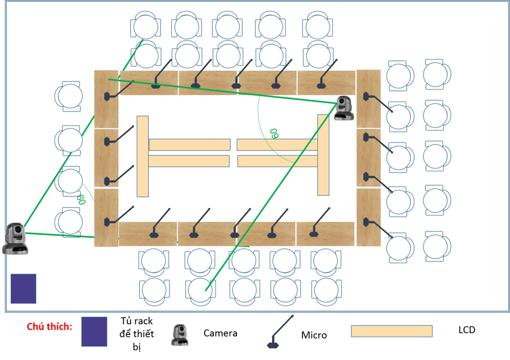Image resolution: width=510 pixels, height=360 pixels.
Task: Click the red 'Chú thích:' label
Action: (50, 327)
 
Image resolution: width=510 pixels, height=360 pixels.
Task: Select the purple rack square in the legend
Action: (94, 331)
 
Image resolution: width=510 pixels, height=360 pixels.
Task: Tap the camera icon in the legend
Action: (180, 335)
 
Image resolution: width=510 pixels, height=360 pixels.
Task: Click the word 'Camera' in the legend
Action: (220, 333)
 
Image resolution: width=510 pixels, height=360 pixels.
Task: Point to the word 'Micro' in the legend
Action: (314, 335)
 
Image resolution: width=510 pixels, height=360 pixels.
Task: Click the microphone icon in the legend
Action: (276, 334)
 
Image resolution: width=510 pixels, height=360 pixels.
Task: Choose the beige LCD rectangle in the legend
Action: (391, 331)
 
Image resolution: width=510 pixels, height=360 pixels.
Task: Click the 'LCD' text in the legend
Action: (467, 330)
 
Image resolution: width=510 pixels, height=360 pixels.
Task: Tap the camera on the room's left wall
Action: (14, 238)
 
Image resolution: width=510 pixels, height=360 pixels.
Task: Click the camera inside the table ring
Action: (344, 107)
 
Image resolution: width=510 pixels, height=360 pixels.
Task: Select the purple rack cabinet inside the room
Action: (23, 289)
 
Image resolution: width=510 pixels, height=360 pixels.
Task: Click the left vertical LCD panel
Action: (143, 155)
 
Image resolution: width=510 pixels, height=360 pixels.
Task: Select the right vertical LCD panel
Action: (323, 155)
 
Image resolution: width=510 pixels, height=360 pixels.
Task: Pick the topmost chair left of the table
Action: (68, 96)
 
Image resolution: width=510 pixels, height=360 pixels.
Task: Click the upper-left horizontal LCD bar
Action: (189, 144)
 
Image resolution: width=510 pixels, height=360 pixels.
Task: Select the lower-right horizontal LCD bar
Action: (277, 161)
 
